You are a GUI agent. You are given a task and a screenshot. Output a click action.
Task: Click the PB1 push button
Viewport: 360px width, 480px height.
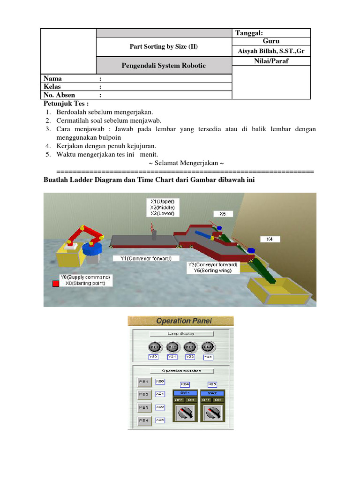click(143, 382)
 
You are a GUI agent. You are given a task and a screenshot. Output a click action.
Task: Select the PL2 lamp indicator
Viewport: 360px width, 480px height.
click(172, 347)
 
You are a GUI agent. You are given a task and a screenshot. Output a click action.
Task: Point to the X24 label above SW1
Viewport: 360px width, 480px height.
click(185, 384)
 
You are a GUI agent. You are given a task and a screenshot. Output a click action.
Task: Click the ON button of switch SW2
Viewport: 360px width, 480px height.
click(218, 400)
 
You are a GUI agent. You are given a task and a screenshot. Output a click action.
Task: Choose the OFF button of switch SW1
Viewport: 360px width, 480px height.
click(179, 400)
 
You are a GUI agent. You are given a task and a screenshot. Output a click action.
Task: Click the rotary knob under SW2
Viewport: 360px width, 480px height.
click(212, 413)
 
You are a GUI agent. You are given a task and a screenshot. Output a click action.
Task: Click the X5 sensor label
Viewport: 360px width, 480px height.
click(223, 214)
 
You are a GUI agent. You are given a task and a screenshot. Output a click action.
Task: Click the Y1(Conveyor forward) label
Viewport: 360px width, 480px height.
click(142, 258)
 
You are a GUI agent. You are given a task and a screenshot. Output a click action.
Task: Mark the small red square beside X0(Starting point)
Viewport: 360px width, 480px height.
click(55, 284)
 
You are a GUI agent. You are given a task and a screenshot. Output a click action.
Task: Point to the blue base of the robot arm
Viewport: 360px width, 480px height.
click(92, 249)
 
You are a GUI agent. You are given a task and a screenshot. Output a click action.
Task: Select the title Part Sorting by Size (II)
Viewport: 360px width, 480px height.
click(164, 46)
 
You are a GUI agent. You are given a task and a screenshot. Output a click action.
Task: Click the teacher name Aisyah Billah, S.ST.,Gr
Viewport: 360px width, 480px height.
click(271, 51)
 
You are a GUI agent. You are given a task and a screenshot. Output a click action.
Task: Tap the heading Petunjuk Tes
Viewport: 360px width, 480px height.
click(66, 103)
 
